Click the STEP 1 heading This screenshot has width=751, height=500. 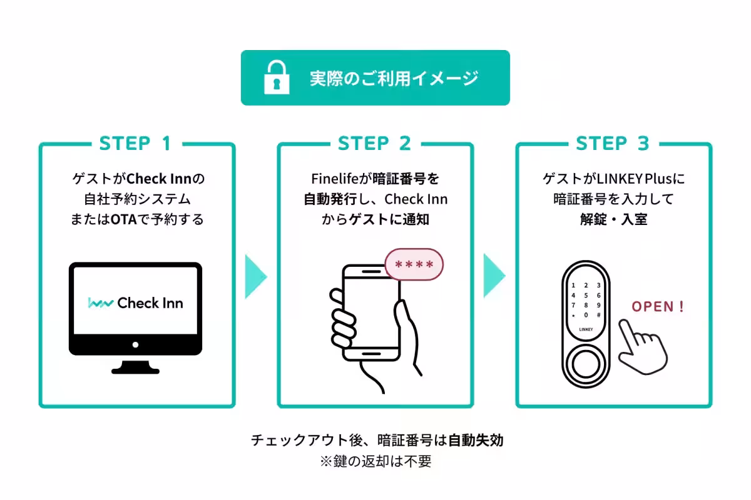point(135,144)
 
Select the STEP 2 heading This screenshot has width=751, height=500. point(374,144)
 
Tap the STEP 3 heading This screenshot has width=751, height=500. point(613,144)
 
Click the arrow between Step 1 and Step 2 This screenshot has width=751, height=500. point(255,275)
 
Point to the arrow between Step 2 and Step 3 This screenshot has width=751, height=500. point(494,275)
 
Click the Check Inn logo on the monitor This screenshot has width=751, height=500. point(135,303)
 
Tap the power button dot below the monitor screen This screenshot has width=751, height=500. point(135,344)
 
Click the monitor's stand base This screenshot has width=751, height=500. point(135,369)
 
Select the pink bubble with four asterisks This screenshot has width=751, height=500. point(414,264)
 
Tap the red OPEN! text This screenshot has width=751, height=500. point(657,307)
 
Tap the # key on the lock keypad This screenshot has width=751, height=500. point(599,316)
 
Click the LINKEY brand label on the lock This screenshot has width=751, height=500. point(585,328)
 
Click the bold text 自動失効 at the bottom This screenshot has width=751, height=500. point(476,440)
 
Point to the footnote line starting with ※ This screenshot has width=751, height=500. point(375,462)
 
